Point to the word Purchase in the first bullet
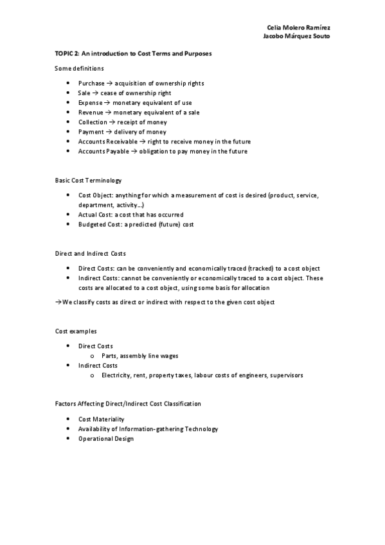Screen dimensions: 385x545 91,84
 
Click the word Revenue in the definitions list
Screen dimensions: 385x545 91,112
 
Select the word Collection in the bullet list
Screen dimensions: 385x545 93,122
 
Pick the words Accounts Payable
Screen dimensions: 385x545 100,151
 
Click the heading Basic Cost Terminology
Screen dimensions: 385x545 88,181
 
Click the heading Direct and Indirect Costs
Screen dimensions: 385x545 91,254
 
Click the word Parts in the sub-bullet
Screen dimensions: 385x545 109,356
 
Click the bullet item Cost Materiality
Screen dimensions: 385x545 101,419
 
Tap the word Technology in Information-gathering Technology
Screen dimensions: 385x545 200,429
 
